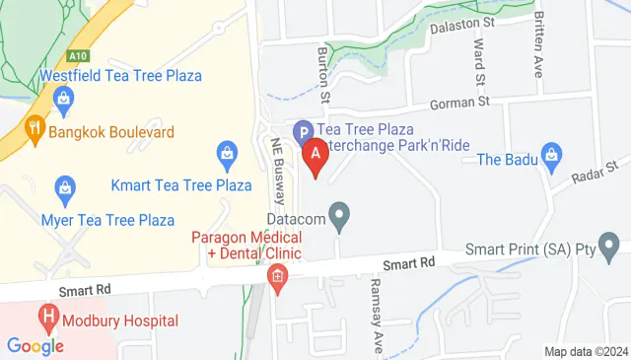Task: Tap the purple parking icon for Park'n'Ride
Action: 304,129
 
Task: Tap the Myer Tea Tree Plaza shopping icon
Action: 65,185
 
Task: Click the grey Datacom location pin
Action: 340,216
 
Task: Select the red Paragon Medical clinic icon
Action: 278,279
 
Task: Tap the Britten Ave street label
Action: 538,32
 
